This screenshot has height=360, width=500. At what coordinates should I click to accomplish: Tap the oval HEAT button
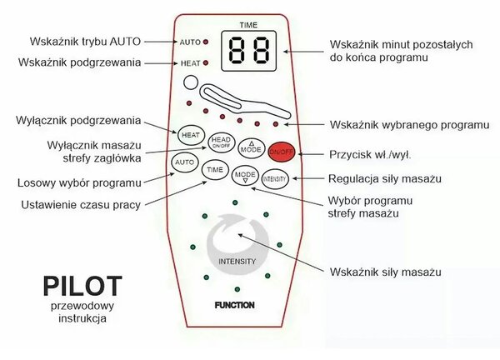(191, 135)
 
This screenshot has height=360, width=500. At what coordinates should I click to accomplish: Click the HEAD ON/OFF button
(221, 142)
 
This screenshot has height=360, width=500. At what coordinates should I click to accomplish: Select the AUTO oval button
(185, 162)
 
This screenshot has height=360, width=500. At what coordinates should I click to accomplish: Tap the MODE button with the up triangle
(252, 148)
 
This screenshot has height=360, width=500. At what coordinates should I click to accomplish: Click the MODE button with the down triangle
(245, 175)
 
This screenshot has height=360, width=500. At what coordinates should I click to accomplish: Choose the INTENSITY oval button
(275, 179)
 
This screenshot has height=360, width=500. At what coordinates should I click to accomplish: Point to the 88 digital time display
(248, 51)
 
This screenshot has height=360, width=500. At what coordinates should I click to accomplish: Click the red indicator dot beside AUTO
(206, 42)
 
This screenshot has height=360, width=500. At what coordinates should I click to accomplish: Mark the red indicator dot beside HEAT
(206, 63)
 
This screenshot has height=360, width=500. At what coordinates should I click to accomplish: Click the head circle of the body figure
(191, 82)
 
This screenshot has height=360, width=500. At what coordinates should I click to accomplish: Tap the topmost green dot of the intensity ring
(235, 202)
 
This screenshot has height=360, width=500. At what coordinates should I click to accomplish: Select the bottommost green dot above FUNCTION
(237, 289)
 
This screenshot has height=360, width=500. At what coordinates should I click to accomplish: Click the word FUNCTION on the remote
(235, 305)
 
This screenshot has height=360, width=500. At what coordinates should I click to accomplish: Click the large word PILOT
(82, 287)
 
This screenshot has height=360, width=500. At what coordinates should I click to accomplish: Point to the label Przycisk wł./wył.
(370, 155)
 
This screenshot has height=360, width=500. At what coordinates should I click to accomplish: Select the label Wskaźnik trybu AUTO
(85, 42)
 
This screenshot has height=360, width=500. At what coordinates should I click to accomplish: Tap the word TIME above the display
(248, 25)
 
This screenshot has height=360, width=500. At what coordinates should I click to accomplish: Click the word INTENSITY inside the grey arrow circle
(237, 262)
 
